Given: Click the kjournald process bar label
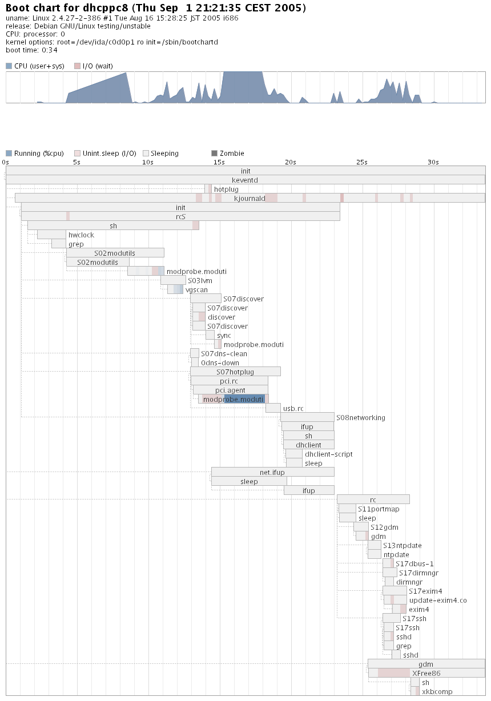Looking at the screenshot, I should pyautogui.click(x=249, y=199).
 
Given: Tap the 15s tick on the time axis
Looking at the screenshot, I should pyautogui.click(x=219, y=162).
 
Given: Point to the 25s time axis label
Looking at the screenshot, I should pyautogui.click(x=361, y=162).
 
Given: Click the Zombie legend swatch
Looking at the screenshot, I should pyautogui.click(x=215, y=154).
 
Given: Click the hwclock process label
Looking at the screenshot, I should pyautogui.click(x=81, y=235).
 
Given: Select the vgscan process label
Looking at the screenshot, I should pyautogui.click(x=196, y=290).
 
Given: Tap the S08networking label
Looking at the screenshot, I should pyautogui.click(x=360, y=418).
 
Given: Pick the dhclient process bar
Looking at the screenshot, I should pyautogui.click(x=309, y=445).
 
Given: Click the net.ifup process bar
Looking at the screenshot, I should pyautogui.click(x=272, y=473).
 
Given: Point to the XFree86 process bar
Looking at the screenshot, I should pyautogui.click(x=426, y=674).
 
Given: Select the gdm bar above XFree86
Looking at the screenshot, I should pyautogui.click(x=426, y=664).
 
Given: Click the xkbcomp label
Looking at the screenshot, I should pyautogui.click(x=437, y=692).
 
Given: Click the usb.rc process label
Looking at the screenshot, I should pyautogui.click(x=293, y=409).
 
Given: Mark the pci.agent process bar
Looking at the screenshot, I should pyautogui.click(x=230, y=390).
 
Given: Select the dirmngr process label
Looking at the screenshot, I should pyautogui.click(x=409, y=582).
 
